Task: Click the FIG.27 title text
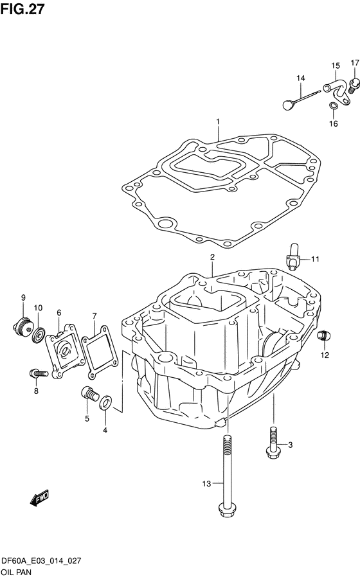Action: [22, 9]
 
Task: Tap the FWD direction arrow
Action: [39, 499]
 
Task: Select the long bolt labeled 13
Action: [226, 476]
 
